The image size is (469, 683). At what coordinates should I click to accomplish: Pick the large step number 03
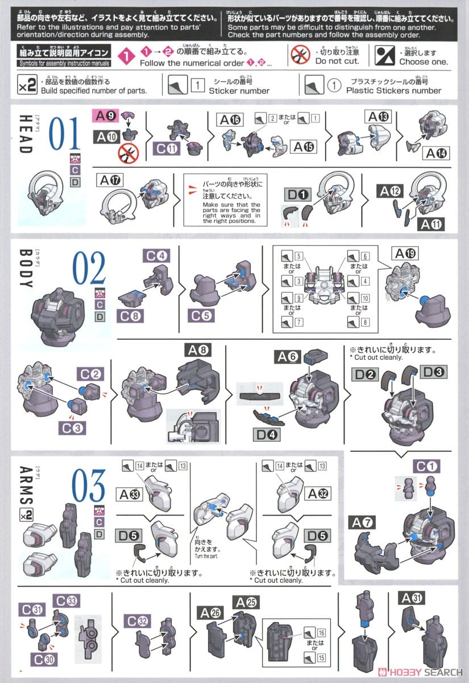click(x=88, y=485)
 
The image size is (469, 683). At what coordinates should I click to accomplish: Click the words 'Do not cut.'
click(x=337, y=61)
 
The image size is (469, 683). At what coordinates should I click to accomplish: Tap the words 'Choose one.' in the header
click(x=423, y=61)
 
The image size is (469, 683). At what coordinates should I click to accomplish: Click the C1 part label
click(x=428, y=467)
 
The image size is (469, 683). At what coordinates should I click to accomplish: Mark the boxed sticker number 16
click(x=321, y=632)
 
